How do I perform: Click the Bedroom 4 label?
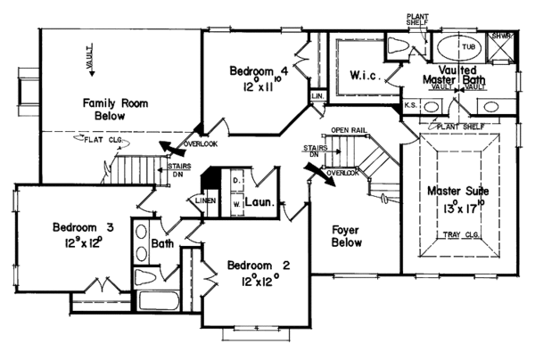tap(258, 70)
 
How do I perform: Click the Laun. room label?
tap(259, 201)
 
